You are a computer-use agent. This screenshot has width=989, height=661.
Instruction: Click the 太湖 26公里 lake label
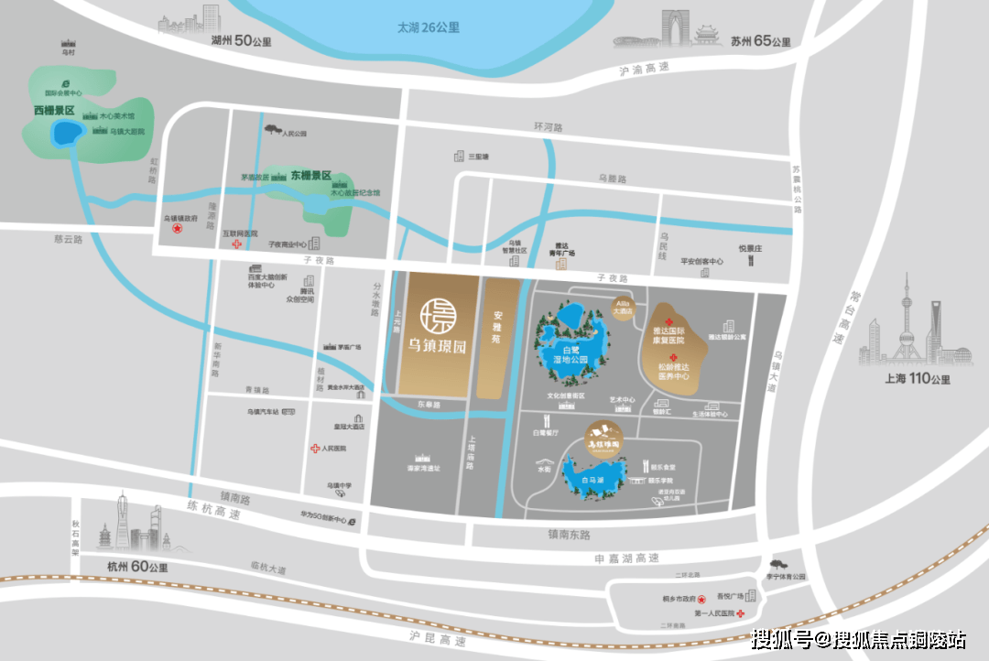click(428, 27)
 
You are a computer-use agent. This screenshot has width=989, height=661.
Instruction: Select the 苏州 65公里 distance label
click(761, 41)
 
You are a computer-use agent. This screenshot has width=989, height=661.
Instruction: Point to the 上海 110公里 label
click(915, 379)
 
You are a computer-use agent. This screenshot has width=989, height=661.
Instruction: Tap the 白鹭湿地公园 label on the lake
click(571, 355)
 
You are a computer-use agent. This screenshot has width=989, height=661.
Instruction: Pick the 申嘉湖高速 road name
click(626, 558)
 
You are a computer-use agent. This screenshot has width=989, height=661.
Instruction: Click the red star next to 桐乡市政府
click(702, 598)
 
